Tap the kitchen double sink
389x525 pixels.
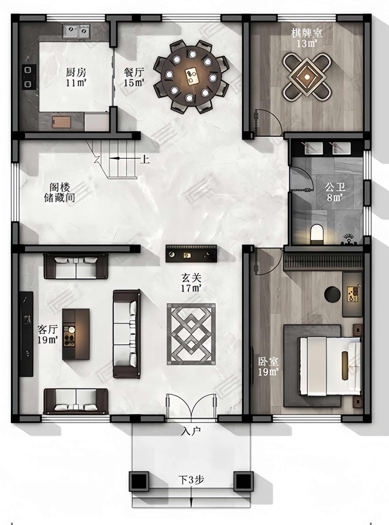(x=76, y=32)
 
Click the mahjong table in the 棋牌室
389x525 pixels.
(x=307, y=77)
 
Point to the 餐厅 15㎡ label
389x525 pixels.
(x=134, y=77)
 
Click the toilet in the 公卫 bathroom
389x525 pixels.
(x=317, y=234)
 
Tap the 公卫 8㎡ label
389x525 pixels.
(x=335, y=192)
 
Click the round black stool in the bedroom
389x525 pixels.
(x=332, y=294)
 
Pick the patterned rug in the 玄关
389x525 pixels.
(x=191, y=334)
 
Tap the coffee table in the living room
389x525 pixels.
(x=76, y=334)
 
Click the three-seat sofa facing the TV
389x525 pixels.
(x=127, y=334)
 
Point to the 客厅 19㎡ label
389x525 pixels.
(x=48, y=335)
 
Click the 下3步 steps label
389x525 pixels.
(x=191, y=480)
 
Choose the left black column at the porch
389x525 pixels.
(x=139, y=482)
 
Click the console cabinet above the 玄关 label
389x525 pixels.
(x=191, y=254)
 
